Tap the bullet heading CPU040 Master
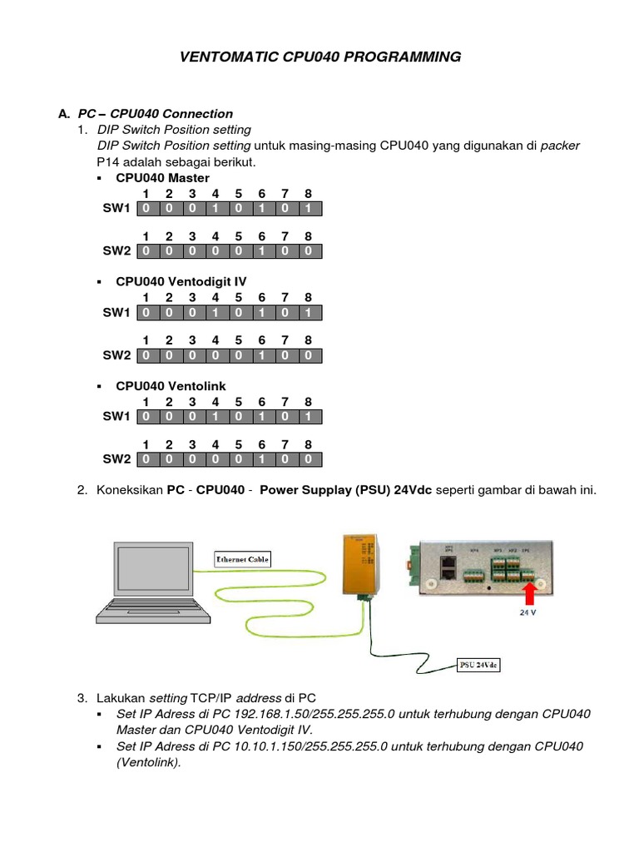pos(162,178)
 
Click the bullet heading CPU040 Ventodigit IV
pos(181,282)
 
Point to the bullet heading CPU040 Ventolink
pos(171,386)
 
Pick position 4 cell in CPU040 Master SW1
pos(215,208)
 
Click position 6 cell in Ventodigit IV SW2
pos(261,355)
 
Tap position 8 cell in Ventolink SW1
pos(308,416)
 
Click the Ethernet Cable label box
pos(242,559)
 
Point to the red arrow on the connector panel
pos(527,593)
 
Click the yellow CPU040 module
pos(361,566)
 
